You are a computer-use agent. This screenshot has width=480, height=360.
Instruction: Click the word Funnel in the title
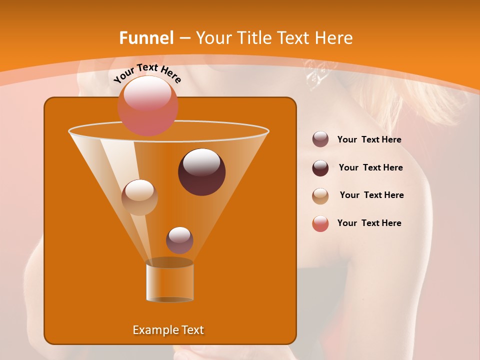[146, 38]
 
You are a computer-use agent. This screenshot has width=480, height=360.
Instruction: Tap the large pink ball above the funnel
[147, 105]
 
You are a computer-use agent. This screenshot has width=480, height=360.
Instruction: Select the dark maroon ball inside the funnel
[201, 171]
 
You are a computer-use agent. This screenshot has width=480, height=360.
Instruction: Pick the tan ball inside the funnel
[139, 197]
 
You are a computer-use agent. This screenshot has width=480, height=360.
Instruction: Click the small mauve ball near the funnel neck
[179, 240]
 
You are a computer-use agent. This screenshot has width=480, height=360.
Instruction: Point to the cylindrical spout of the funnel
[169, 282]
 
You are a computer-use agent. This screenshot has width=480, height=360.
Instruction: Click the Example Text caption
[168, 330]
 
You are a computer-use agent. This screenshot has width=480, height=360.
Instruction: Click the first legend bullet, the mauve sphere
[320, 139]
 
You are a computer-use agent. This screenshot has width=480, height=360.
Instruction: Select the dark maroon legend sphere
[320, 167]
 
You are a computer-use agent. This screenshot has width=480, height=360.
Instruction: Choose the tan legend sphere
[320, 195]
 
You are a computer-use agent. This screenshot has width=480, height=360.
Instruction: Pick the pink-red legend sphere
[320, 223]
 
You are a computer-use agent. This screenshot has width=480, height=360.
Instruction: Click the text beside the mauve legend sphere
[369, 139]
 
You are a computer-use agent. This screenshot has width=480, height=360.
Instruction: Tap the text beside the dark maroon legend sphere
[370, 167]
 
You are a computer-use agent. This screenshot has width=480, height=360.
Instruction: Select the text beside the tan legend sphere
[371, 195]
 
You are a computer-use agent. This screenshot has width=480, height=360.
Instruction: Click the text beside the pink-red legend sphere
[369, 223]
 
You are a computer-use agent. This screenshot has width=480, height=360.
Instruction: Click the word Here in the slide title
[335, 38]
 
